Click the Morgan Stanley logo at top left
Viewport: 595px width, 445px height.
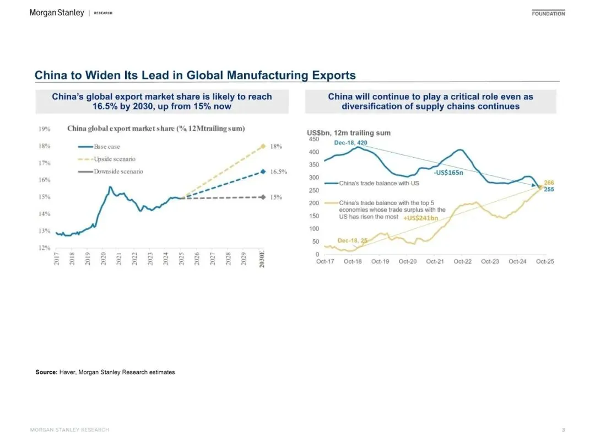point(57,13)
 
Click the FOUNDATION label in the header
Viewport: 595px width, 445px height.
point(548,13)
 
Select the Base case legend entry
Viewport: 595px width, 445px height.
point(106,147)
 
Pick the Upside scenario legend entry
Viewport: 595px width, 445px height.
point(114,159)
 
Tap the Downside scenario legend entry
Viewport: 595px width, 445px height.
point(118,171)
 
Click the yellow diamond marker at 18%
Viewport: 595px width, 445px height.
point(263,146)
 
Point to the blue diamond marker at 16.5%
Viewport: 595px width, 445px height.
point(263,171)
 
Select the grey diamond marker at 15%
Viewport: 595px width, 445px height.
point(263,197)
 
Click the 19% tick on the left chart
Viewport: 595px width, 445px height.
point(45,129)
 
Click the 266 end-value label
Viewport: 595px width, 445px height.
point(549,182)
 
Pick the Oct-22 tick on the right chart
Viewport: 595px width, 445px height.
point(462,261)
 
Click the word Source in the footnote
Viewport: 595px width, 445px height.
point(46,372)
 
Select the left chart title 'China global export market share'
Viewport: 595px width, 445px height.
point(156,128)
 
